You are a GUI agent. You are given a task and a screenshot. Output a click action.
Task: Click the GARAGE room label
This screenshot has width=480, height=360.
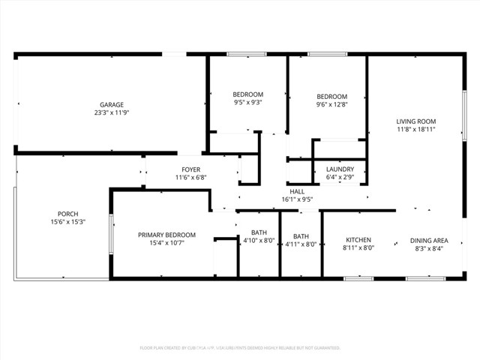[112, 105]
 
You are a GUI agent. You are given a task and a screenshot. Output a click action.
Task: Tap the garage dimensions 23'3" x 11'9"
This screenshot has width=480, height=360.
[112, 113]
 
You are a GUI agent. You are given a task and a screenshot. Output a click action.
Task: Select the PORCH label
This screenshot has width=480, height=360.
[67, 214]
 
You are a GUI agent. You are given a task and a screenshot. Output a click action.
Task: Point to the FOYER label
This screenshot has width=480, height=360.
[190, 169]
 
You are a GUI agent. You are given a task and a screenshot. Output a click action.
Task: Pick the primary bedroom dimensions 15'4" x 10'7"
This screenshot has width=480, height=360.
[161, 243]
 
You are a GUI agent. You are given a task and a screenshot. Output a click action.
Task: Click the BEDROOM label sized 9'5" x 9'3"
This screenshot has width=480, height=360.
[247, 94]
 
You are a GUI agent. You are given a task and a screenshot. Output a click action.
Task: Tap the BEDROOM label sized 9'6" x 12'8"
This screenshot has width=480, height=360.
[331, 97]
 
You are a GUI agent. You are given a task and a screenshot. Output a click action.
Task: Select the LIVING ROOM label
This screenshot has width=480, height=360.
[416, 121]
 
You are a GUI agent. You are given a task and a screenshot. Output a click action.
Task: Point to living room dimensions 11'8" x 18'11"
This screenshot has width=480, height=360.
[416, 130]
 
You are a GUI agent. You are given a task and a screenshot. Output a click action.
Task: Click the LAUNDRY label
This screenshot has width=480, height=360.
[340, 169]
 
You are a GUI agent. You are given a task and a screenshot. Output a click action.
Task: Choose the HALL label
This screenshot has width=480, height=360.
[297, 191]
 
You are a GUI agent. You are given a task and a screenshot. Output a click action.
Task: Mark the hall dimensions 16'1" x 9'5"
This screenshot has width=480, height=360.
[297, 199]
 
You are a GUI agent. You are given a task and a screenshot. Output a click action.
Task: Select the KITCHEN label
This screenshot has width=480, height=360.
[358, 240]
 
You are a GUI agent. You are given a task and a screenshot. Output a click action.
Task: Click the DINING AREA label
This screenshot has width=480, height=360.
[430, 240]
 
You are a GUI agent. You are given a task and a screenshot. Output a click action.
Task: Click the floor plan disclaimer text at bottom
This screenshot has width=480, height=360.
[240, 348]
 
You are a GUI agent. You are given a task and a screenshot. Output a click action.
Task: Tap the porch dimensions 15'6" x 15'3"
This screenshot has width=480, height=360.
[67, 222]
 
